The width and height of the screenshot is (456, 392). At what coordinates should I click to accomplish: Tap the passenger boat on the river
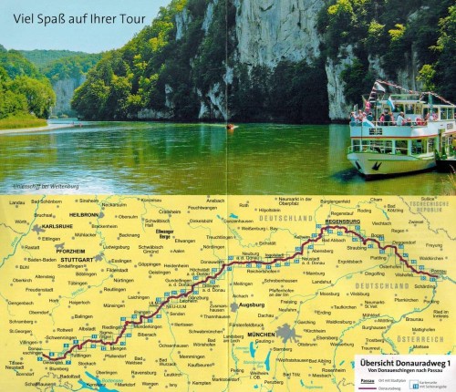tap(400, 132)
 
